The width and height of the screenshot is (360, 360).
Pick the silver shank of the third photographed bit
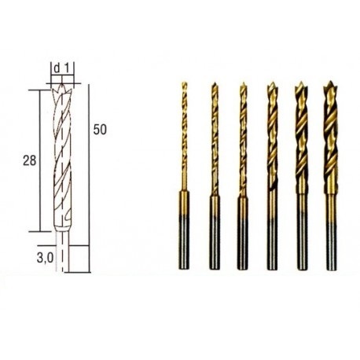(242, 244)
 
